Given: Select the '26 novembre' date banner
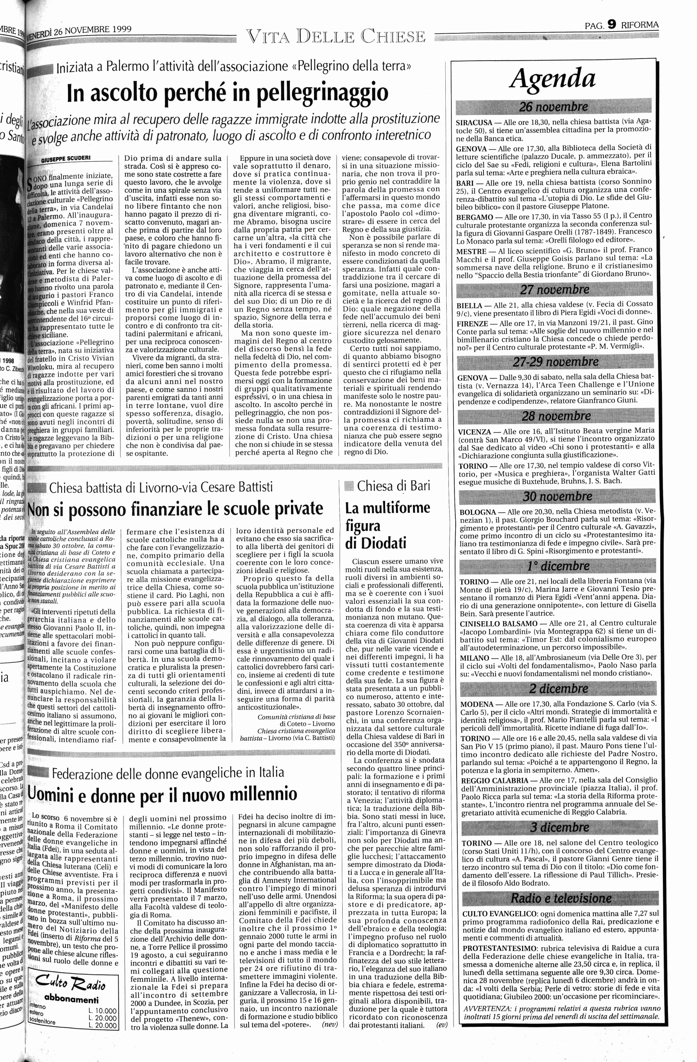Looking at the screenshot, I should (553, 107).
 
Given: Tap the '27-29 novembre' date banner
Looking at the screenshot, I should (555, 362).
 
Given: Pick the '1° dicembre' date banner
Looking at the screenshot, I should (558, 566).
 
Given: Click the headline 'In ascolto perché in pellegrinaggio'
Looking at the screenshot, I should (227, 93).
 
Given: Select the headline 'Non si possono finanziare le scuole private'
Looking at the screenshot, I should (175, 509).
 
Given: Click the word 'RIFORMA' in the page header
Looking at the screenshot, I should (639, 25).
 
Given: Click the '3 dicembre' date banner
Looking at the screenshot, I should (559, 828).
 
